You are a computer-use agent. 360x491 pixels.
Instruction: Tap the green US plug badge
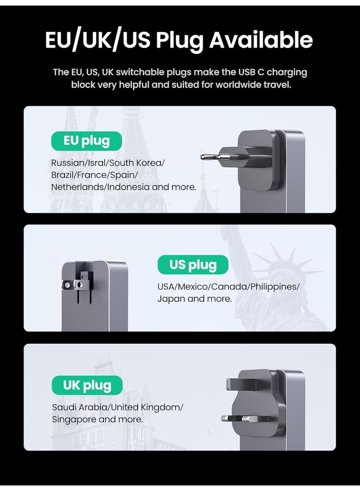click(x=193, y=265)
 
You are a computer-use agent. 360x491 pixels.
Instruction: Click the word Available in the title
click(x=254, y=40)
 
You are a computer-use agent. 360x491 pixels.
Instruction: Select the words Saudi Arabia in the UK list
click(x=80, y=407)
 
